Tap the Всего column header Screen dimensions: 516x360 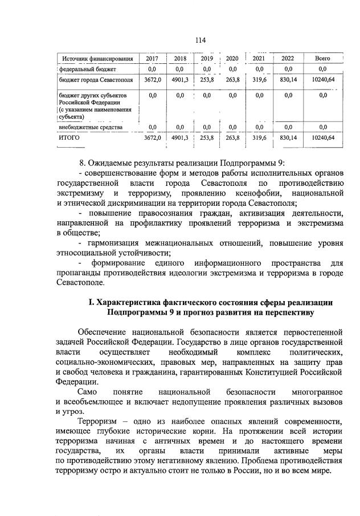click(322, 59)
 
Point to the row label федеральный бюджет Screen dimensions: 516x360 click(87, 69)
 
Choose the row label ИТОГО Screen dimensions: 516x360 click(69, 137)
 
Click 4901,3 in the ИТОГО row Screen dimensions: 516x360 click(180, 137)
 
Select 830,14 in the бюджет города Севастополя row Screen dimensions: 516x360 click(288, 80)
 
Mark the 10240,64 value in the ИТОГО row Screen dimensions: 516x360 click(323, 137)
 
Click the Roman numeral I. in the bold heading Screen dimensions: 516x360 click(91, 302)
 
